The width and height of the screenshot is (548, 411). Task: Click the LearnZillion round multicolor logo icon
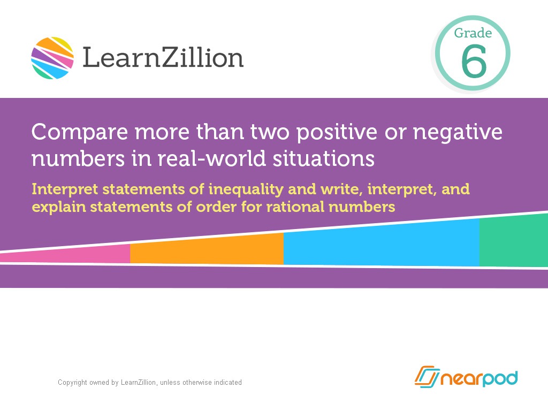click(52, 58)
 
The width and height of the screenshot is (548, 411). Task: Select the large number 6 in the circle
click(474, 62)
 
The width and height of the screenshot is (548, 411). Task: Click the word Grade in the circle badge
click(473, 33)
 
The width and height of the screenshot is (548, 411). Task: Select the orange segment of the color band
click(207, 250)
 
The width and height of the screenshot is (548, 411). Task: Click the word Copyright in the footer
click(72, 383)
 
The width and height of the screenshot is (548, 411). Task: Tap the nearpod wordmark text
click(479, 378)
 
